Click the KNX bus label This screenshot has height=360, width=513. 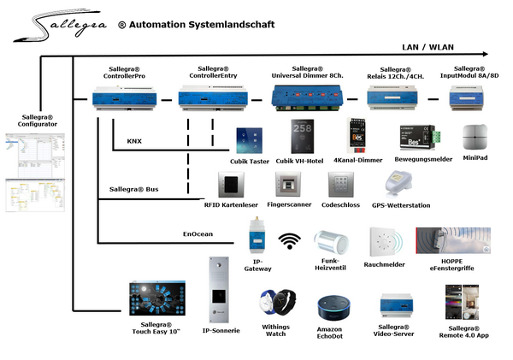click(x=134, y=141)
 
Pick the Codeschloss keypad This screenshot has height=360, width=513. click(x=339, y=185)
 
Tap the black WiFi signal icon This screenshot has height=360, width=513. click(x=291, y=241)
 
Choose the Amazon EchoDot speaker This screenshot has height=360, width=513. click(x=330, y=307)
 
